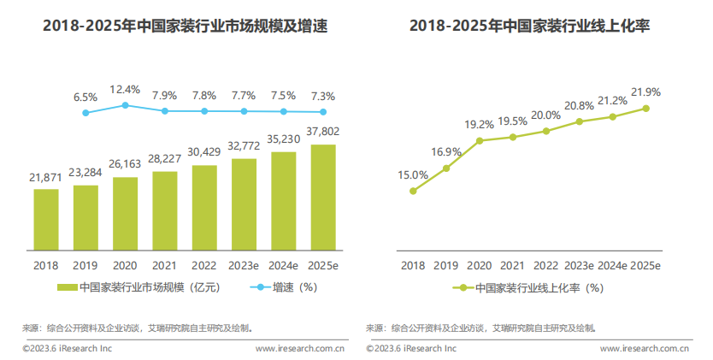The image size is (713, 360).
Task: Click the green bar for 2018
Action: point(46,220)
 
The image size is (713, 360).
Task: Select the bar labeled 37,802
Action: point(323,198)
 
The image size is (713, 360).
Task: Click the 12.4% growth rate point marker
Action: point(126,105)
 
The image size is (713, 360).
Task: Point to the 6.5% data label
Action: point(85,97)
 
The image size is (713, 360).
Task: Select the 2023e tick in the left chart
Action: point(245,265)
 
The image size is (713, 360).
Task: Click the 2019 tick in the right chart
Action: point(446,265)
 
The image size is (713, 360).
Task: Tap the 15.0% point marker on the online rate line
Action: point(413,191)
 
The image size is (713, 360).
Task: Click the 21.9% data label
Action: point(645,91)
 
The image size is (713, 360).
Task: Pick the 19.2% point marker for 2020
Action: point(480,140)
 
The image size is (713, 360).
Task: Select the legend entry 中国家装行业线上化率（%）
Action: point(530,288)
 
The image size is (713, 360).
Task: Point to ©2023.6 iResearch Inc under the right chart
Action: point(411,348)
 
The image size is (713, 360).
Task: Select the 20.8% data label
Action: point(580,106)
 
